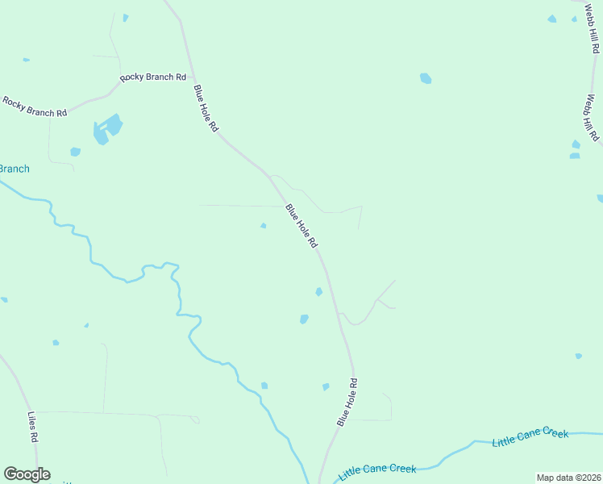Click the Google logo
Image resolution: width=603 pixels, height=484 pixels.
click(x=27, y=474)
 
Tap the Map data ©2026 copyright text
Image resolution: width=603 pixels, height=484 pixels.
click(x=568, y=478)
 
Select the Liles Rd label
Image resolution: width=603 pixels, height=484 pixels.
click(x=33, y=428)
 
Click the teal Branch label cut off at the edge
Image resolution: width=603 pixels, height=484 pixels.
click(x=14, y=169)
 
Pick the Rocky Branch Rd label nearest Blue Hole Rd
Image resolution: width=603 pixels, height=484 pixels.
click(x=153, y=77)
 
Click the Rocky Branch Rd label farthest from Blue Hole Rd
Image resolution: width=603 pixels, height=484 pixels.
click(x=35, y=107)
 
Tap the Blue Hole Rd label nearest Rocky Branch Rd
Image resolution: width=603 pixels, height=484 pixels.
click(x=206, y=110)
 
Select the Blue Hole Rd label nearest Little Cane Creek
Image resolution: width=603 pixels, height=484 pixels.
click(x=347, y=402)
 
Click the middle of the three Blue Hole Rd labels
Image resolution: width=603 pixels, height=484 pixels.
click(x=301, y=226)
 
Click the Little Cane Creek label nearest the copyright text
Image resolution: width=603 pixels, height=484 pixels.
click(x=530, y=437)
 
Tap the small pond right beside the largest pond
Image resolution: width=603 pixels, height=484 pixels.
click(x=75, y=152)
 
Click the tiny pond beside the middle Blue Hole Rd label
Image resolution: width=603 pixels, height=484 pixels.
click(x=264, y=226)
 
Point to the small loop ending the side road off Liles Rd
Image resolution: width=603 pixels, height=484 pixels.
click(x=195, y=419)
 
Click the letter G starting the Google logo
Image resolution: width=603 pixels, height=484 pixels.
click(x=10, y=474)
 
